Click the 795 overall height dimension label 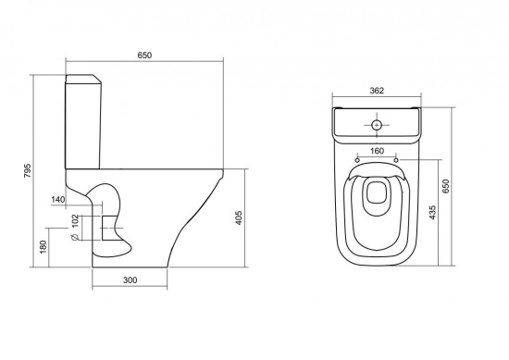coord(28,170)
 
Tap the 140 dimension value coord(58,199)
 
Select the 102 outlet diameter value coord(75,221)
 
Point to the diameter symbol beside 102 coord(75,237)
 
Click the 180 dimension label coord(43,247)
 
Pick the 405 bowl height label coord(239,218)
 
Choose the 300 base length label coord(130,279)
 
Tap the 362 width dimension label coord(377,91)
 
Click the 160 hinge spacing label coord(377,151)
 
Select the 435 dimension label coord(432,212)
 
